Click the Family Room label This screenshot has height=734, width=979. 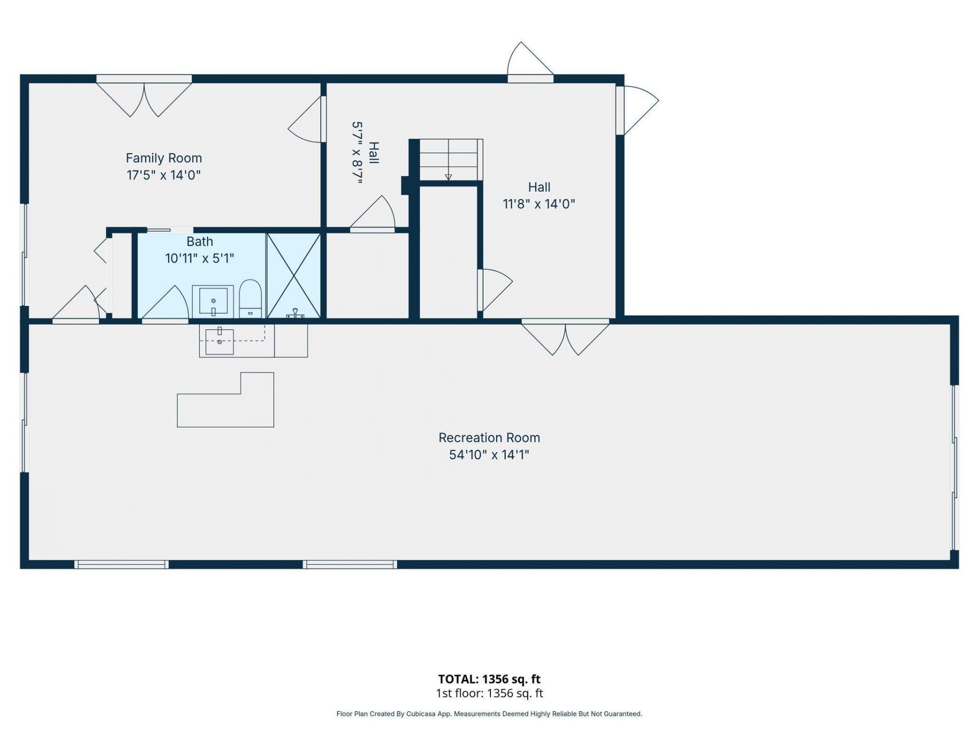point(164,158)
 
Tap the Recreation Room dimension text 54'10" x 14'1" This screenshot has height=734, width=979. point(489,455)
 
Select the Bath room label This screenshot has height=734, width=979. point(199,242)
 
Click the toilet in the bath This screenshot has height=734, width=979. point(250,298)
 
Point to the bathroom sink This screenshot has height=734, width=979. point(213,301)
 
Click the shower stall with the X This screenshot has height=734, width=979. point(294,276)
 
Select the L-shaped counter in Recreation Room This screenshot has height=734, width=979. point(225,400)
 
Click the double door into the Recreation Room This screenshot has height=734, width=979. point(565,337)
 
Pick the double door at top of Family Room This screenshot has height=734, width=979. point(144,96)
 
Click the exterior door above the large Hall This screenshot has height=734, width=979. point(530,62)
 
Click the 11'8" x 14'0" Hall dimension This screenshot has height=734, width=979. point(539,204)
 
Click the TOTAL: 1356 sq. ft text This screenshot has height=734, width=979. point(489,679)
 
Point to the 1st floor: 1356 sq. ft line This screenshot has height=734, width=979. point(489,693)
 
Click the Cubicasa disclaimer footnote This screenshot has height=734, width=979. point(489,714)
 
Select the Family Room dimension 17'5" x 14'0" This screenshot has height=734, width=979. point(164,175)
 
